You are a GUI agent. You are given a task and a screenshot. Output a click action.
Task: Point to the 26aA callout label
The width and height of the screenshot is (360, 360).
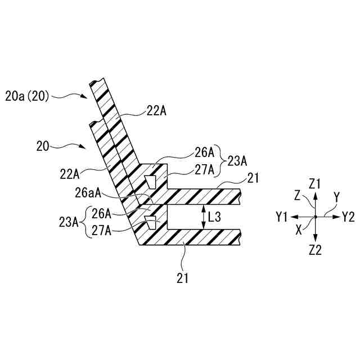pyautogui.click(x=88, y=193)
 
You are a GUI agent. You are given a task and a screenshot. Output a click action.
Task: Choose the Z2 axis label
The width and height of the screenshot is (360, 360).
pyautogui.click(x=316, y=250)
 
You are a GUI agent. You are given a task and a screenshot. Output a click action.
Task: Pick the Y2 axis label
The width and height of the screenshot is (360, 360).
pyautogui.click(x=348, y=217)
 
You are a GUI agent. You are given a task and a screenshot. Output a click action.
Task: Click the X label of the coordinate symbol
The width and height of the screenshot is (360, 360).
pyautogui.click(x=298, y=231)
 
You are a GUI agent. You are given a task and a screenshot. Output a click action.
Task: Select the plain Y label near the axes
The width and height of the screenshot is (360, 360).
pyautogui.click(x=336, y=197)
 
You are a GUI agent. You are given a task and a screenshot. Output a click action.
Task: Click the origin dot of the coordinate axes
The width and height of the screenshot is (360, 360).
pyautogui.click(x=315, y=217)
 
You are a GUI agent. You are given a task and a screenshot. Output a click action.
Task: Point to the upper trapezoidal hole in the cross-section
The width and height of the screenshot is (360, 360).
pyautogui.click(x=150, y=181)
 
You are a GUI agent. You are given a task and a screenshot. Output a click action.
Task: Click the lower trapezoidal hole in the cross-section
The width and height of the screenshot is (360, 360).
pyautogui.click(x=150, y=222)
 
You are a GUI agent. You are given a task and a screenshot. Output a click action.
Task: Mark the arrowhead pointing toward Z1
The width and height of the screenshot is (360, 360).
pyautogui.click(x=315, y=195)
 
